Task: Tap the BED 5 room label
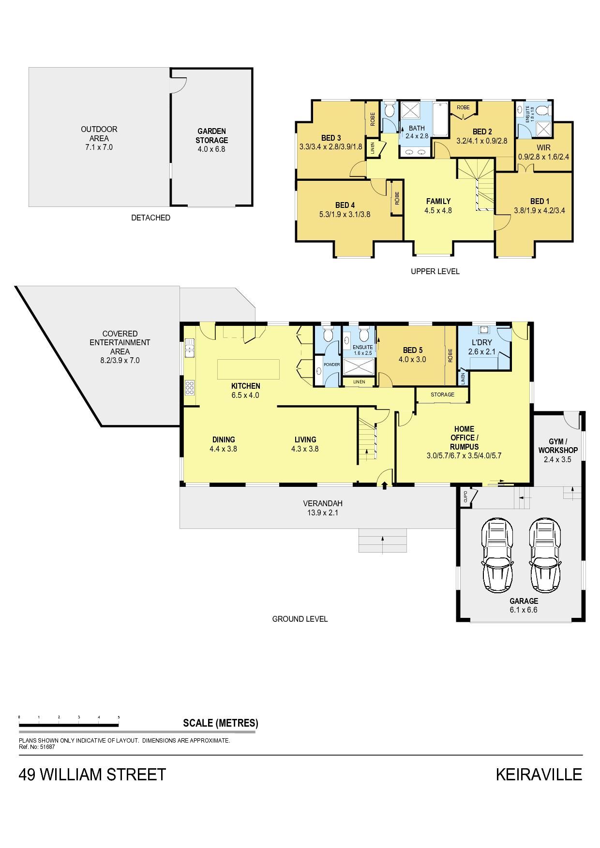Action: tap(413, 350)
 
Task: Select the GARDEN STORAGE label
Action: tap(211, 135)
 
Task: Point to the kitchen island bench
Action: tap(248, 369)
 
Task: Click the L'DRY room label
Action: tap(481, 342)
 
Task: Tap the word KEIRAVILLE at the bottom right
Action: tap(539, 775)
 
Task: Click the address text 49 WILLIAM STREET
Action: tap(92, 775)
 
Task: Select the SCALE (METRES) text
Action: tap(220, 723)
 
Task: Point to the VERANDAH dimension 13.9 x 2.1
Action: tap(323, 512)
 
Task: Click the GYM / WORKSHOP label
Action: tap(558, 446)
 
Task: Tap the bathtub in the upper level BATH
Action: tap(440, 119)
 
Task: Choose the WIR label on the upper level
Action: tap(543, 148)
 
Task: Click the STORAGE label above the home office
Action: tap(442, 395)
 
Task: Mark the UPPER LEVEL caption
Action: tap(435, 271)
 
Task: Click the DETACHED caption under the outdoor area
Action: tap(150, 218)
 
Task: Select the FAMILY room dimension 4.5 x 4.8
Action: tap(438, 210)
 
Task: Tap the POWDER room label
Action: tap(331, 365)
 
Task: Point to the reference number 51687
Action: tap(47, 746)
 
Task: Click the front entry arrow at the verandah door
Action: tap(385, 485)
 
